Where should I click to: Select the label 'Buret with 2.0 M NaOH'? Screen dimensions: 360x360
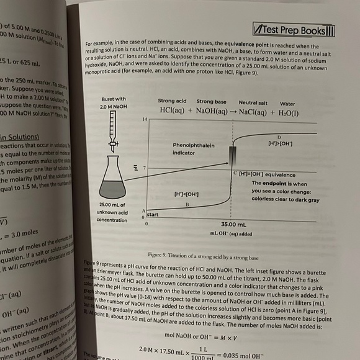click(112, 103)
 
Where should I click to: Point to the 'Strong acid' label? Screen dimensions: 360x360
click(172, 101)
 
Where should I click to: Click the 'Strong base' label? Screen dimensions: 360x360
click(211, 101)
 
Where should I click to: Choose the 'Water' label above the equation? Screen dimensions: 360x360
click(287, 103)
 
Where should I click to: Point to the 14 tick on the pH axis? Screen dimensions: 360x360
click(145, 119)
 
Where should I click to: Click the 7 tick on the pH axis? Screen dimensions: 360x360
click(144, 168)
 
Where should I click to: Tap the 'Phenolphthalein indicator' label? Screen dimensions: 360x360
click(193, 148)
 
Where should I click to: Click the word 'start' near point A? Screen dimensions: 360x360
click(153, 214)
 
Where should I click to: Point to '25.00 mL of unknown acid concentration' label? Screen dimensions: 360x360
click(113, 212)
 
